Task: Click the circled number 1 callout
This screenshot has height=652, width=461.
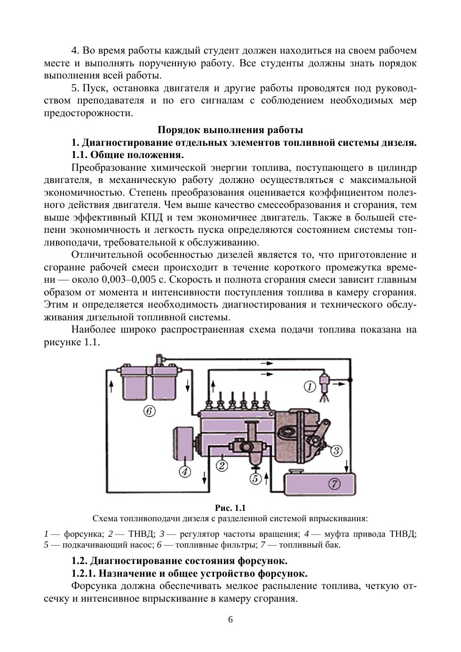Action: (309, 387)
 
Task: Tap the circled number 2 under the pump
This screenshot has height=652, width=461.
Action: (222, 466)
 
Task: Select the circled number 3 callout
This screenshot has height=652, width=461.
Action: (336, 451)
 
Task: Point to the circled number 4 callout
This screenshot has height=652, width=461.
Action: (185, 471)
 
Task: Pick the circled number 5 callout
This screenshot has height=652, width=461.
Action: (255, 478)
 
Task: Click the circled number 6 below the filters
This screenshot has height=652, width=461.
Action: (149, 411)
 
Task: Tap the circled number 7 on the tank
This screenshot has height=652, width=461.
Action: (334, 484)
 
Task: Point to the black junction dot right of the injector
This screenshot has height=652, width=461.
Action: (349, 379)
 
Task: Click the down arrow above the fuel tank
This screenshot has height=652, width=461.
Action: (347, 467)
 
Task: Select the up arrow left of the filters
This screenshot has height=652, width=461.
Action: (111, 386)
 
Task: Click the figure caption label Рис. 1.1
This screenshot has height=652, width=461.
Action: (230, 508)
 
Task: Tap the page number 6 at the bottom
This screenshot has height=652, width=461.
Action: (230, 619)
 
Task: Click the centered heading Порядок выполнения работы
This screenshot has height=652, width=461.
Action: (230, 130)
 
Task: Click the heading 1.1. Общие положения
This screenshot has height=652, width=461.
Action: (127, 155)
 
